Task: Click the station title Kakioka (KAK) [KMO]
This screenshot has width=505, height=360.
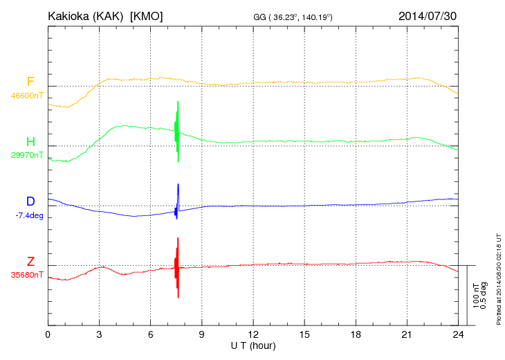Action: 105,15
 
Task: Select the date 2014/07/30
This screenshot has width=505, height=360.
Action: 427,15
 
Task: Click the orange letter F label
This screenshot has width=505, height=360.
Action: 30,82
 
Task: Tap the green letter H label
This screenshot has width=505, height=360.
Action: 30,143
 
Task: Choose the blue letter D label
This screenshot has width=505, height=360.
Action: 30,202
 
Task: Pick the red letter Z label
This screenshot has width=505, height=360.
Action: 30,262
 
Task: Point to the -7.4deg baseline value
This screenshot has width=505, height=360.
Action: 29,215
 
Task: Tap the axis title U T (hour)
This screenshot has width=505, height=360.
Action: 253,345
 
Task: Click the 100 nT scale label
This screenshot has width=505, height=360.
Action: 477,296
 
